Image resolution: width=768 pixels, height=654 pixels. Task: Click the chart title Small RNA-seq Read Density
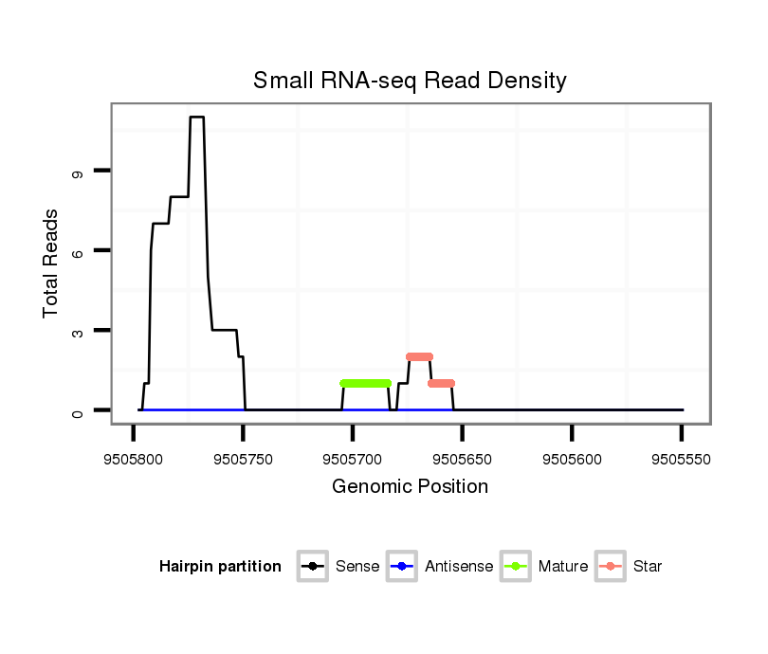[410, 81]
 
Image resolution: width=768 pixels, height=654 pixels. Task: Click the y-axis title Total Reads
[51, 263]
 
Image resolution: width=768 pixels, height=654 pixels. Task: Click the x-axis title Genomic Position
[410, 487]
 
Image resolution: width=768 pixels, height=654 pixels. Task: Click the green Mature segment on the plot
[365, 383]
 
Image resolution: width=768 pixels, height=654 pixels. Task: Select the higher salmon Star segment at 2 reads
[419, 356]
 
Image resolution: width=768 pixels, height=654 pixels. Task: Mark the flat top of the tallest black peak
[196, 118]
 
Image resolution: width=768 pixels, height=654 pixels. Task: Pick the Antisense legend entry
[441, 567]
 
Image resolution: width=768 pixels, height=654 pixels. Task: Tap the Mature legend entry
[545, 567]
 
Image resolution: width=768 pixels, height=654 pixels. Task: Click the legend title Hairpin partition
[220, 567]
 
